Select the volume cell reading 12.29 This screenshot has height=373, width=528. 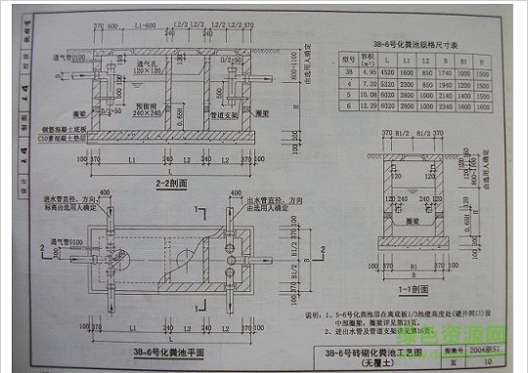click(x=370, y=107)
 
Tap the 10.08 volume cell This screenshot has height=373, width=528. click(x=370, y=96)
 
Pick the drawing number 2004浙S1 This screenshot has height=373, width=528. click(x=478, y=349)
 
